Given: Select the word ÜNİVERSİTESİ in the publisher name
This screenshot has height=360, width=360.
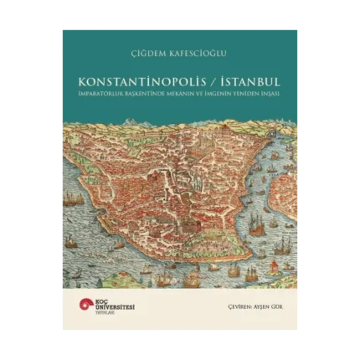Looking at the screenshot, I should pos(112,308).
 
